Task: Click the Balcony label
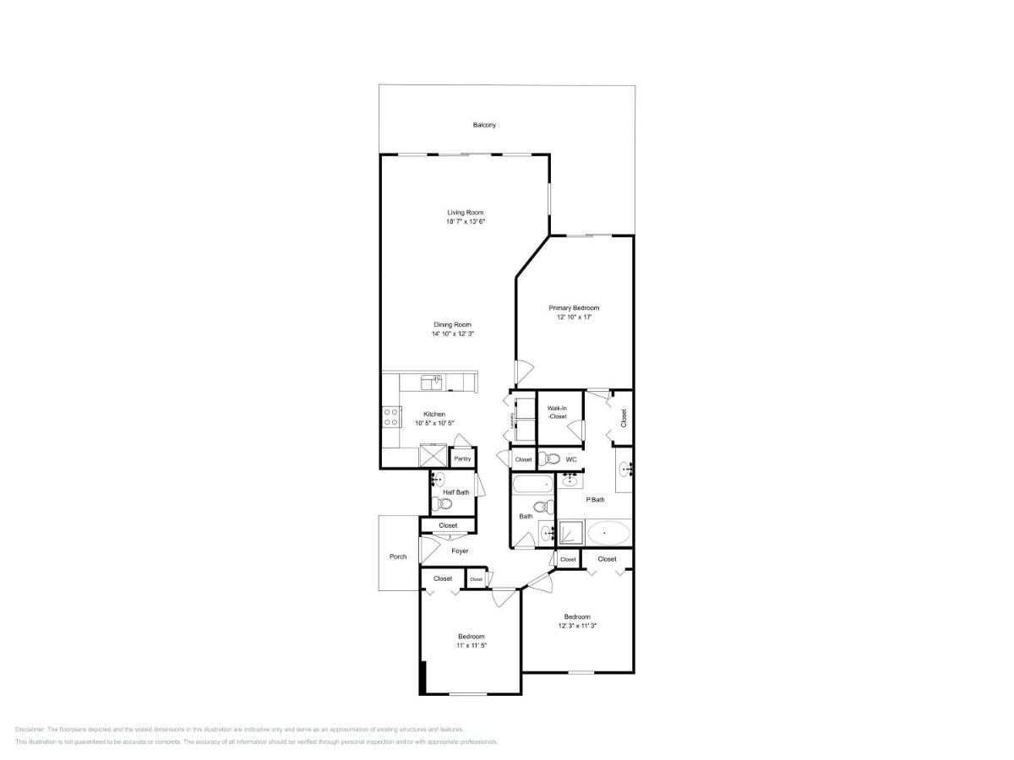[x=484, y=125]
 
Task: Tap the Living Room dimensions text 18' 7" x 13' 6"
[x=466, y=221]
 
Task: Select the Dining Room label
[x=452, y=324]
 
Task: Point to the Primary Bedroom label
[x=574, y=308]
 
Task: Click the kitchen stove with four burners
[x=392, y=416]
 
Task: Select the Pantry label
[x=462, y=459]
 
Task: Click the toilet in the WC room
[x=550, y=459]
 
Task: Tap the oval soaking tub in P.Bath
[x=608, y=533]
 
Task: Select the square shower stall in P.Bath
[x=571, y=533]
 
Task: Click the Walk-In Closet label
[x=556, y=412]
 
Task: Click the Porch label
[x=398, y=556]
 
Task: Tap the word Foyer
[x=460, y=551]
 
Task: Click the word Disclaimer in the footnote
[x=30, y=729]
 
